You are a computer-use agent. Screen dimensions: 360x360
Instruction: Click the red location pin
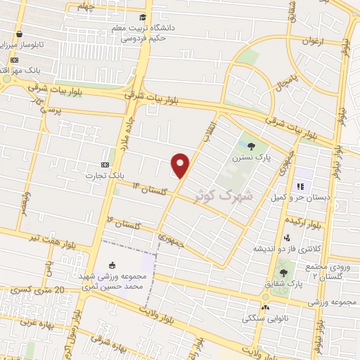click(181, 166)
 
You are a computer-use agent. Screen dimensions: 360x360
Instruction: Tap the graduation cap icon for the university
click(143, 17)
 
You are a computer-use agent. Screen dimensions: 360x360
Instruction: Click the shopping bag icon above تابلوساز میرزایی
click(19, 33)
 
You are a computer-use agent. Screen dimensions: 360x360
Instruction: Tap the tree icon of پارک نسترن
click(252, 146)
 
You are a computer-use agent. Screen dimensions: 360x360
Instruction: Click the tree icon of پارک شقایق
click(283, 272)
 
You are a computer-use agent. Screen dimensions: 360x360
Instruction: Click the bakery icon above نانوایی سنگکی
click(265, 307)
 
